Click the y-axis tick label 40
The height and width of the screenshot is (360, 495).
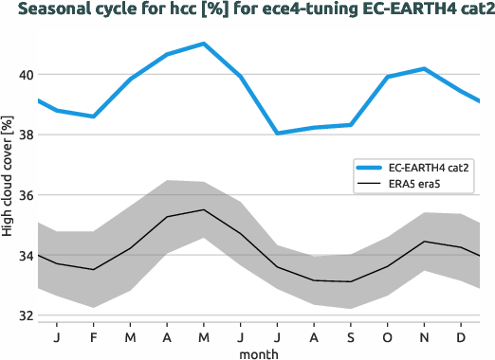[25, 75]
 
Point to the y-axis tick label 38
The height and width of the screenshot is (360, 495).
[25, 135]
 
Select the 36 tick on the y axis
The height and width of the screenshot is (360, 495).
[25, 195]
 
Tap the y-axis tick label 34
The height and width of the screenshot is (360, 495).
[25, 256]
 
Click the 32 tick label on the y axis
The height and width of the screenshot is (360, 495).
[25, 315]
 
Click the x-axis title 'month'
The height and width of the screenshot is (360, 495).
[259, 352]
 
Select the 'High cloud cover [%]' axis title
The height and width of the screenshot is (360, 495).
[8, 177]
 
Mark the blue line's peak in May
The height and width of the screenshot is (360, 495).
[204, 44]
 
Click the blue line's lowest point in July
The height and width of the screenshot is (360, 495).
[278, 133]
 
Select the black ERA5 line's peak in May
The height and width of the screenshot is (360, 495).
[204, 209]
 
